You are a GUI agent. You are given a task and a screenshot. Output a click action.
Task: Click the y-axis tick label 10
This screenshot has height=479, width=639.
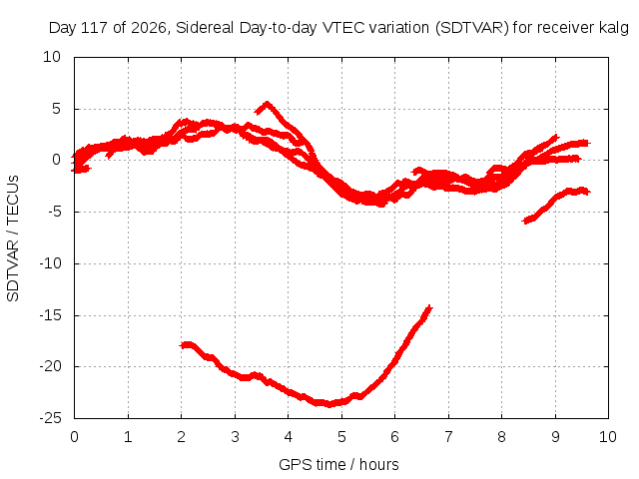(52, 57)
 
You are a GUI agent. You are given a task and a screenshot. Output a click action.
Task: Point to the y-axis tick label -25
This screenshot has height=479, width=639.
(50, 418)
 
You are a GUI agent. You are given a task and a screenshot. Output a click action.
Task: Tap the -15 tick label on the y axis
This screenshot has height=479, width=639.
(50, 315)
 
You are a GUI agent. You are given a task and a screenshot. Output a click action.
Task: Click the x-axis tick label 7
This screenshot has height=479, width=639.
(448, 437)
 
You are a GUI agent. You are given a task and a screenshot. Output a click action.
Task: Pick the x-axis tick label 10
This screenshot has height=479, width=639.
(608, 437)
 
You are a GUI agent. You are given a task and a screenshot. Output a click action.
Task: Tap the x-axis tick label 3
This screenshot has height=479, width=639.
(235, 437)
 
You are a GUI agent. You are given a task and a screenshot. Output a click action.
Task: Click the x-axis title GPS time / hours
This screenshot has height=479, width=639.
(338, 464)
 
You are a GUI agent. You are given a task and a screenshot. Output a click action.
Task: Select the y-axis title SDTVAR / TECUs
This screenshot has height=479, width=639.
(13, 239)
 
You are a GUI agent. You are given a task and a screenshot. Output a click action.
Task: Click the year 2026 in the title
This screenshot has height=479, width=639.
(149, 28)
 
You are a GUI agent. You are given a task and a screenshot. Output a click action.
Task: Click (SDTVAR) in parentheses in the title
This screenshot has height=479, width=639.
(472, 28)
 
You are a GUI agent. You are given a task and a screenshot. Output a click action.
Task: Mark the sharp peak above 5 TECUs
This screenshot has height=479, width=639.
(267, 103)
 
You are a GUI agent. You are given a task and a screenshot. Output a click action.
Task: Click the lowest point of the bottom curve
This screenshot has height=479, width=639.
(329, 404)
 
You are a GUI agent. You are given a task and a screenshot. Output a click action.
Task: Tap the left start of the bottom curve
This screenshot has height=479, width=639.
(182, 345)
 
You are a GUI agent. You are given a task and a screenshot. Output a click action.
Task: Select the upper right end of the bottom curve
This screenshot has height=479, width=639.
(429, 307)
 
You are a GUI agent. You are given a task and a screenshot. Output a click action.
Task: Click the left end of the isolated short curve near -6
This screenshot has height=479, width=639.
(524, 222)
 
